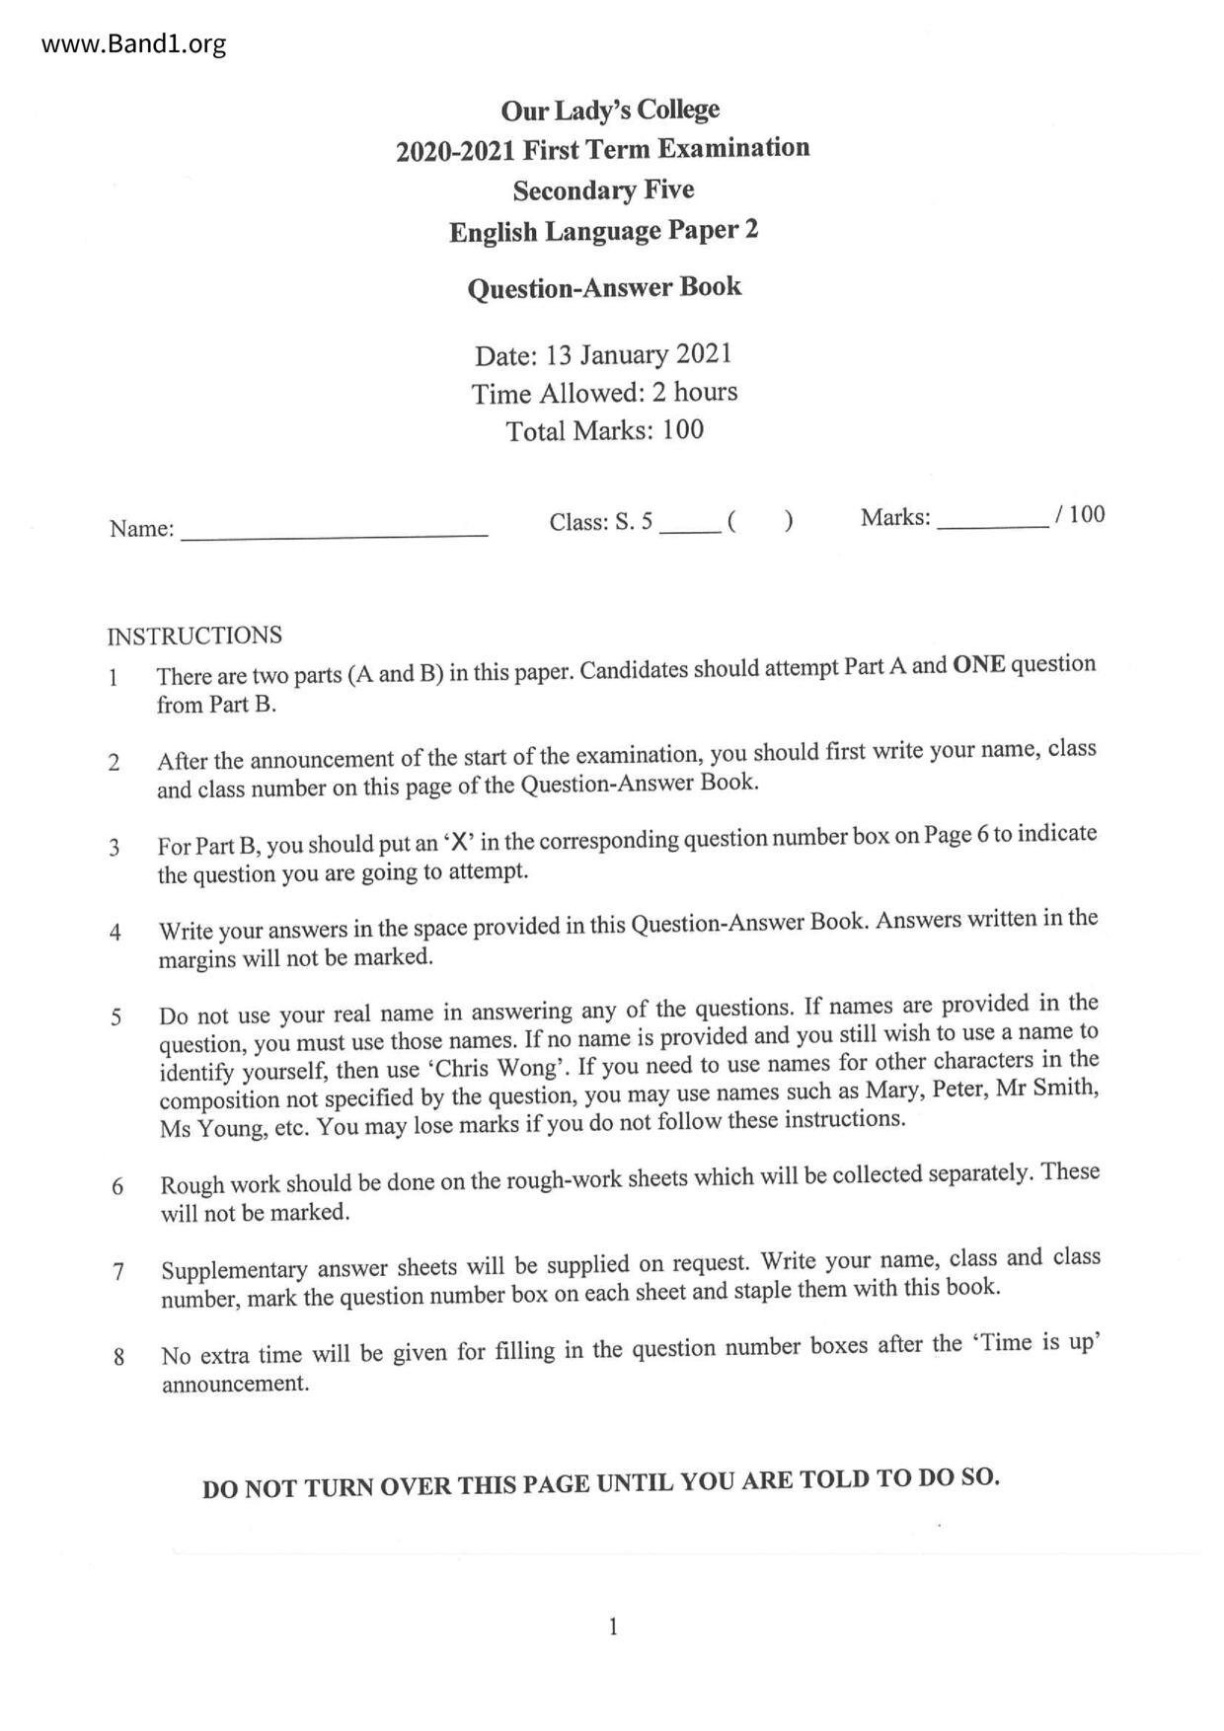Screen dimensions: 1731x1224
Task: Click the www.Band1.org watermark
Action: tap(134, 44)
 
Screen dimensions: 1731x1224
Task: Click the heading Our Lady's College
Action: tap(610, 110)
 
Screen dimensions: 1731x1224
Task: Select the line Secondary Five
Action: tap(603, 189)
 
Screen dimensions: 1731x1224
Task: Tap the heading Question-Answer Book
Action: tap(604, 287)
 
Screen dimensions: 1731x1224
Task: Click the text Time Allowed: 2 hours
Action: tap(604, 393)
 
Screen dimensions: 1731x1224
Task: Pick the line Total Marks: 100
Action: tap(604, 430)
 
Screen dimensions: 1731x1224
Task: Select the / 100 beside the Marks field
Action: tap(1080, 514)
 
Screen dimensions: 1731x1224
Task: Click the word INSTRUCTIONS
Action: tap(194, 636)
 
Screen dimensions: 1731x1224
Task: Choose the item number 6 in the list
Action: tap(117, 1186)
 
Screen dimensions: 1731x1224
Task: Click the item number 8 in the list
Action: tap(119, 1357)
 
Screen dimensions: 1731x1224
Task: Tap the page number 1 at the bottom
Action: tap(613, 1627)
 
